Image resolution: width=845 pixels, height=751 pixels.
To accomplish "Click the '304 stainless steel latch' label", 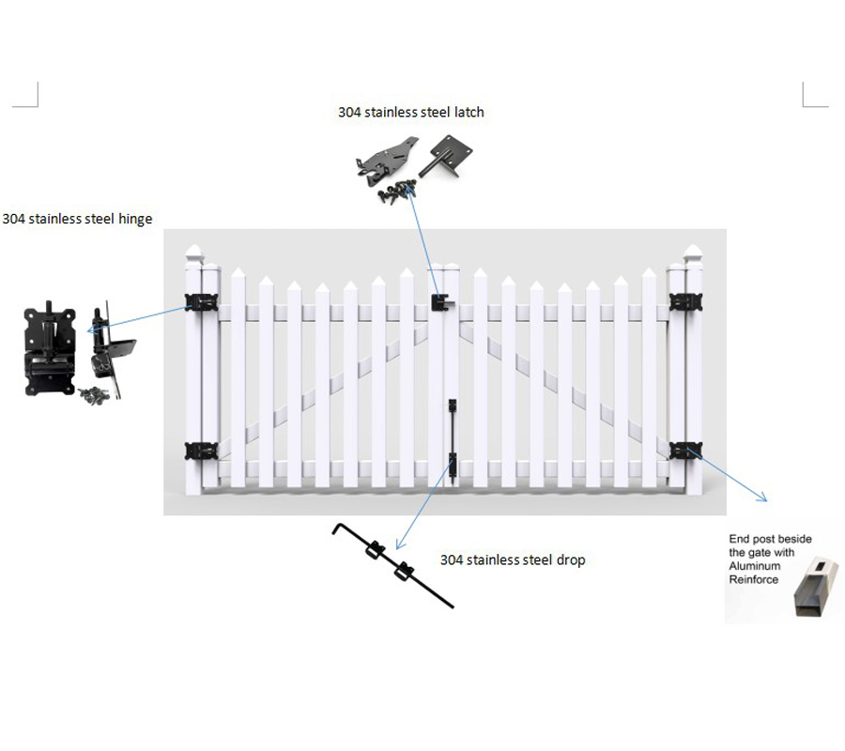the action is click(411, 112).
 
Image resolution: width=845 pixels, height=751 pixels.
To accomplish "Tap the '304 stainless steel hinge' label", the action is click(77, 219).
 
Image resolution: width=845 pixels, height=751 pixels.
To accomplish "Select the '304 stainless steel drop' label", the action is click(513, 560).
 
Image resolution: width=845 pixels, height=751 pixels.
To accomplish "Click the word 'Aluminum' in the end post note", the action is click(755, 566).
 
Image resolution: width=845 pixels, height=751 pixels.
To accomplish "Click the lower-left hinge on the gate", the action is click(201, 451).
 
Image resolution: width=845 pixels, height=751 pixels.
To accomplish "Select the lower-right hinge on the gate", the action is click(685, 451).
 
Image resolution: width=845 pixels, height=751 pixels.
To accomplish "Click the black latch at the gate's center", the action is click(442, 303).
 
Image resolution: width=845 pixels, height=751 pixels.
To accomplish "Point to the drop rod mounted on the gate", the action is click(453, 438).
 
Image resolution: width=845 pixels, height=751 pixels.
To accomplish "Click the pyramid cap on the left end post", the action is click(193, 253).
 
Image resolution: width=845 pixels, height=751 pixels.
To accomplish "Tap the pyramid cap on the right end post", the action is click(693, 253).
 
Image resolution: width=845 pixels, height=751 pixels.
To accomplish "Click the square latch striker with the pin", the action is click(445, 155).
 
